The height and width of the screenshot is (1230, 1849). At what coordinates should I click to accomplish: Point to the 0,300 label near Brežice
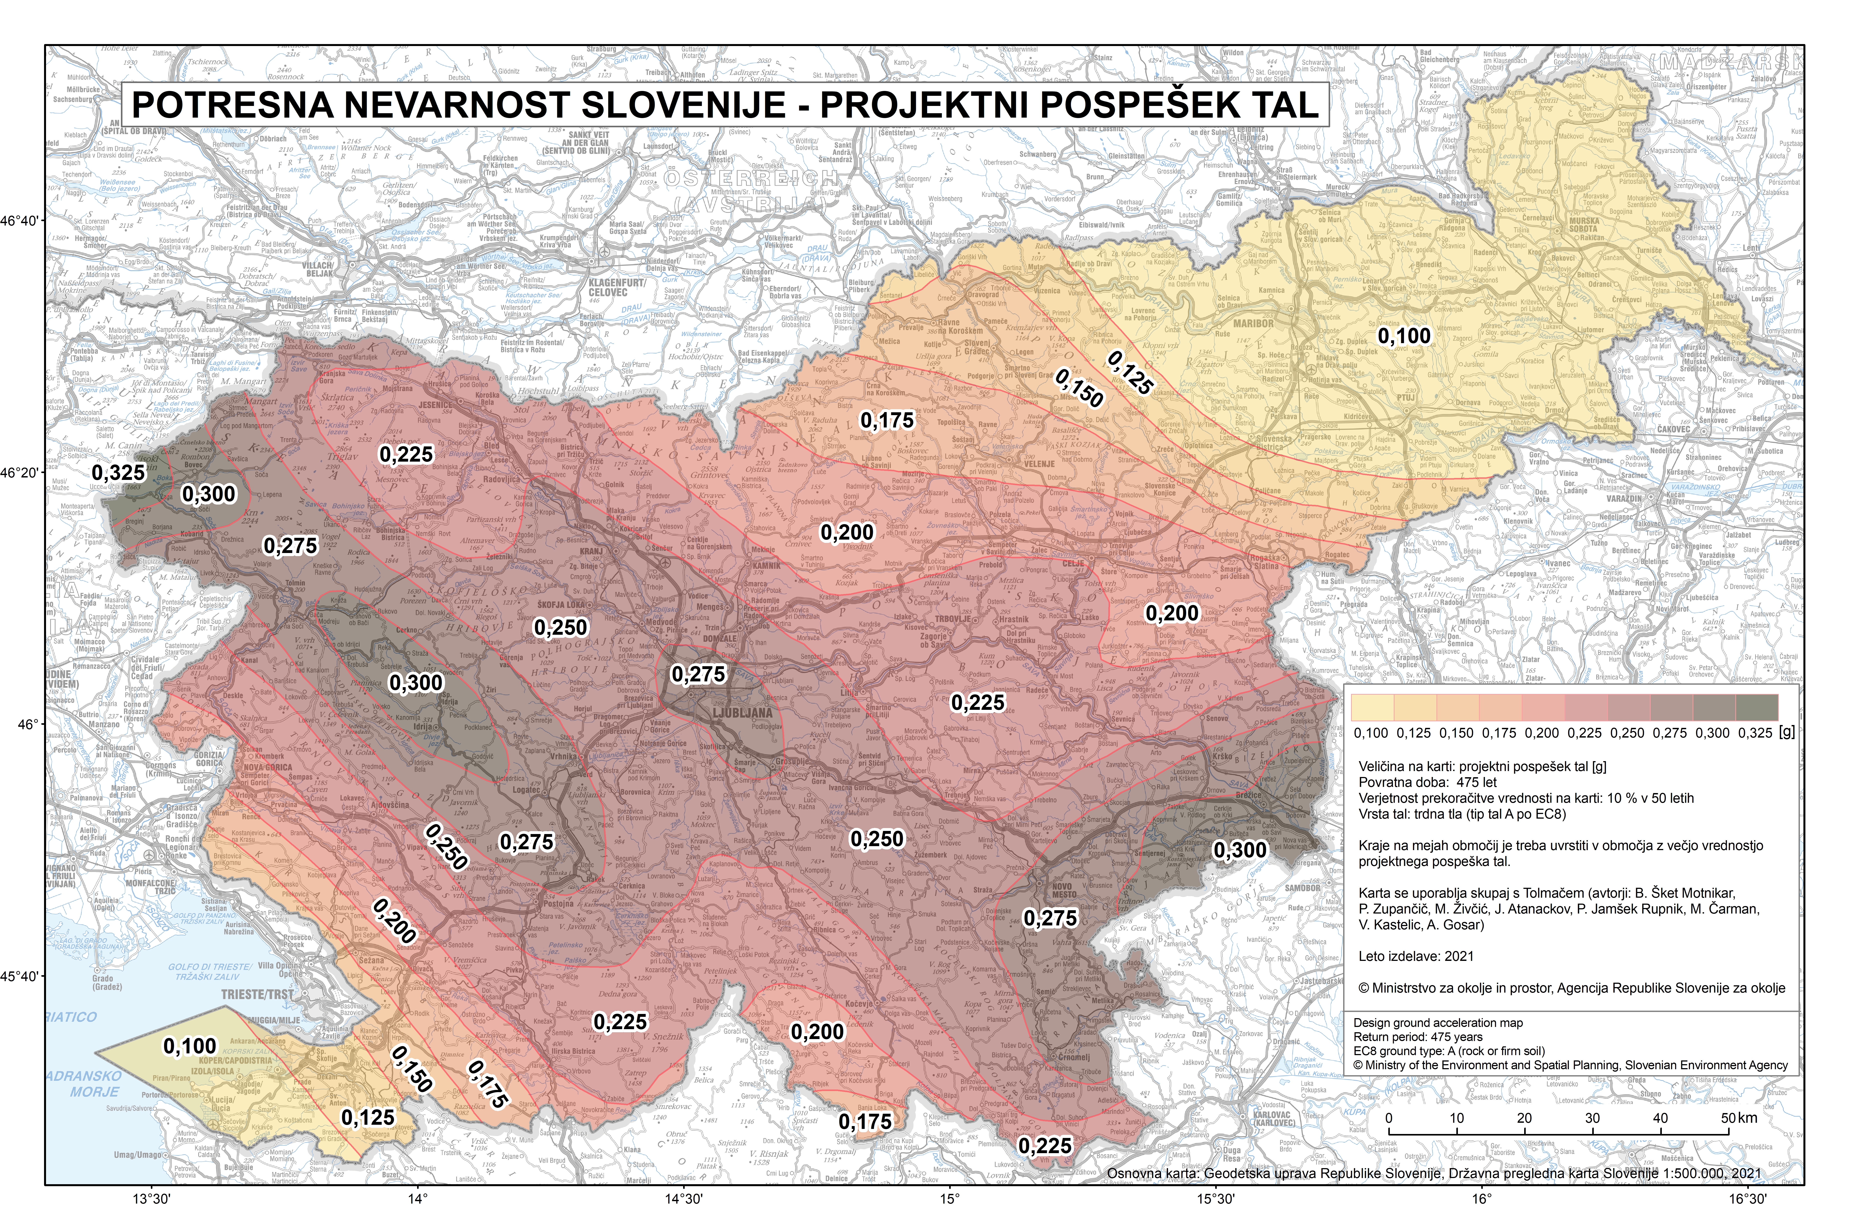click(1239, 849)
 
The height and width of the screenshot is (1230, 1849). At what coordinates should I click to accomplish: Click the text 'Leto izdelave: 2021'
click(1416, 956)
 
